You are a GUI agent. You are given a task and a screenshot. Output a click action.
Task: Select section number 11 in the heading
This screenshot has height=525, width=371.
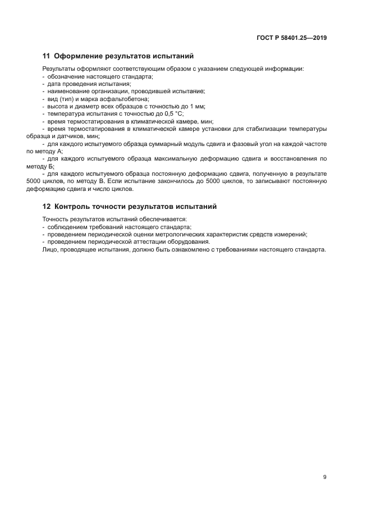click(47, 56)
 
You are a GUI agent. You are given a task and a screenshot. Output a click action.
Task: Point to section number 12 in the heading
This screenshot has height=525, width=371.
click(47, 207)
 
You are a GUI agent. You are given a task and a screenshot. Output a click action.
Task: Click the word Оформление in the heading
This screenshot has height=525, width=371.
click(76, 56)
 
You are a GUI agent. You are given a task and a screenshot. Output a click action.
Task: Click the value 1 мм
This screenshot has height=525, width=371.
click(199, 106)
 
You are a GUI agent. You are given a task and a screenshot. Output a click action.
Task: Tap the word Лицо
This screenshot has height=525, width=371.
click(49, 249)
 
